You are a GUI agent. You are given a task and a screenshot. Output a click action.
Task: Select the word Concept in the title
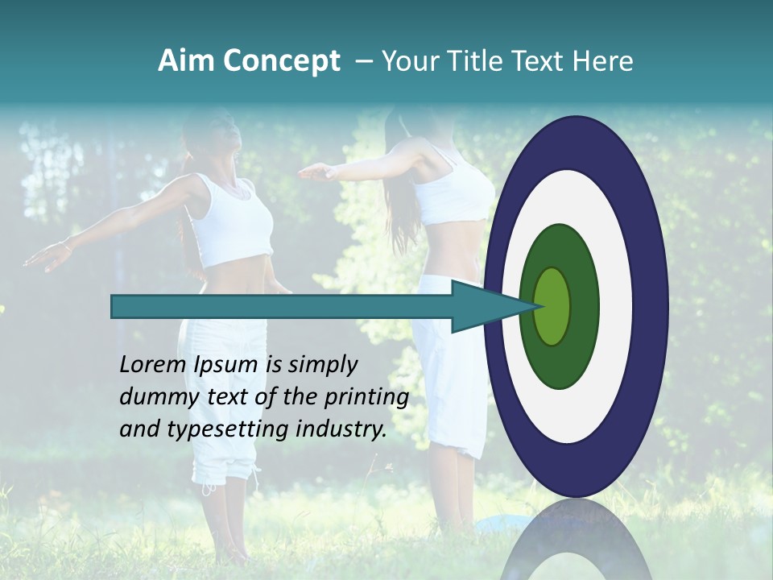point(282,61)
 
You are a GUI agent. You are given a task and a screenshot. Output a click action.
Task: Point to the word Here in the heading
point(603,61)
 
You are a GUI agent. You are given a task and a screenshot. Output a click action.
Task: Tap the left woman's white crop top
point(237,221)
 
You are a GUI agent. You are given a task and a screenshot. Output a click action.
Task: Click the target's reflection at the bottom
point(576,544)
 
